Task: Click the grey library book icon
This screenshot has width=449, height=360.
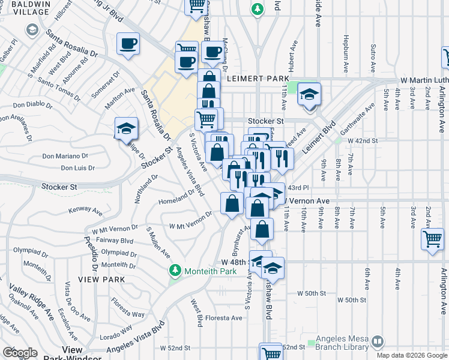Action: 378,342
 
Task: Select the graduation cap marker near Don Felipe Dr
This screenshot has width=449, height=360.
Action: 126,129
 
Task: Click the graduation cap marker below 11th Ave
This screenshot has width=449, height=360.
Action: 310,94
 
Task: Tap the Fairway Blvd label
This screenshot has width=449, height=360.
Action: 117,241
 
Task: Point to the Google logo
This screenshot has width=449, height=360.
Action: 20,353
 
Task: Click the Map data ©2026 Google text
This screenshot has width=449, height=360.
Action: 412,355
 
